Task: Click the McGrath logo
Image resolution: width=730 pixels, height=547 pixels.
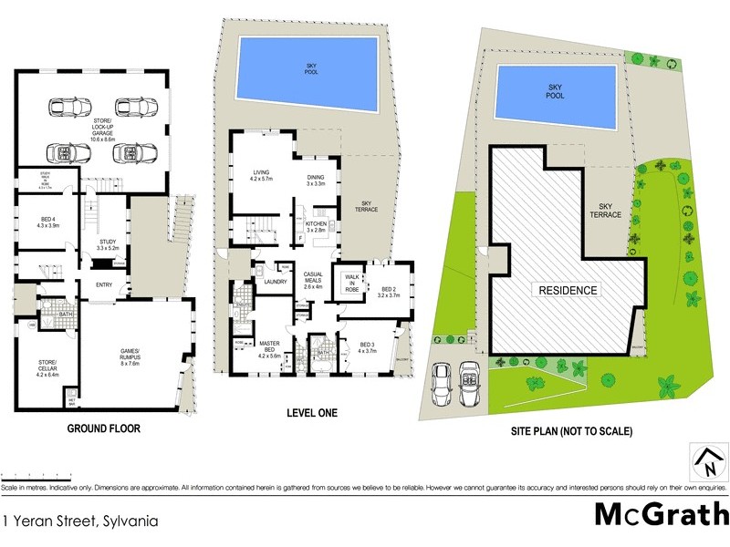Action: click(x=662, y=514)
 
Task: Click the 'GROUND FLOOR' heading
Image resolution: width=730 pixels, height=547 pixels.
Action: click(x=103, y=427)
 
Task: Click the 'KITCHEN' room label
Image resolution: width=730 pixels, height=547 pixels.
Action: click(x=316, y=226)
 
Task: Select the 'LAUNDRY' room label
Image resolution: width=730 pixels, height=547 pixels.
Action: click(x=276, y=282)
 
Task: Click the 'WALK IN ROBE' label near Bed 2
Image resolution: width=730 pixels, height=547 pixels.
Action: click(x=351, y=283)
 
